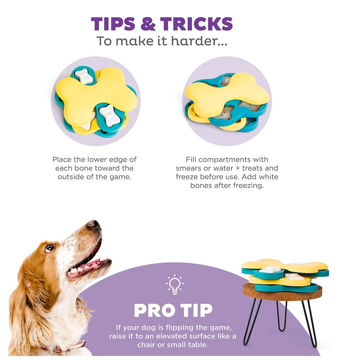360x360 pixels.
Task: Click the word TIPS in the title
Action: pos(113,24)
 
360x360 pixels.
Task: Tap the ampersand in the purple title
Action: pos(148,24)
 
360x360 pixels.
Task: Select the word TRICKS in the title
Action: pos(197,24)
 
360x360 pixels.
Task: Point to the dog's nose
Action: pos(94,224)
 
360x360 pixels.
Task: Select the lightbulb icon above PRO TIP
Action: pos(175,284)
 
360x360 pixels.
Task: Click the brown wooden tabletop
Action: pos(282,292)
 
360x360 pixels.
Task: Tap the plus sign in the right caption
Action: pos(237,168)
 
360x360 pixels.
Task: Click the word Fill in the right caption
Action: pos(191,159)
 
